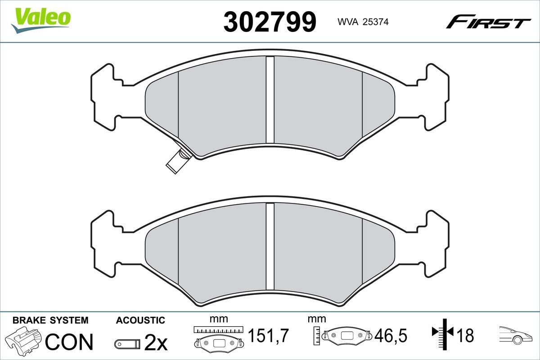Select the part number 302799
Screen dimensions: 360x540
point(270,22)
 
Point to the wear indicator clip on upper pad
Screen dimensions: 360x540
point(176,161)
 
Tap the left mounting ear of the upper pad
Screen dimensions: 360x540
point(103,97)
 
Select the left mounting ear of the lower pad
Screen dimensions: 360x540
point(103,243)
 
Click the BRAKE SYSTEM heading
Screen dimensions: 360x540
point(50,320)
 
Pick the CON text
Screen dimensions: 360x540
point(70,342)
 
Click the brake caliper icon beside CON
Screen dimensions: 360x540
point(23,341)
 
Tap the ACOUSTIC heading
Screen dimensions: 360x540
point(140,320)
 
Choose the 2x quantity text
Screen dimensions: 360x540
point(155,343)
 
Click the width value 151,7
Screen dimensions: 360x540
point(268,336)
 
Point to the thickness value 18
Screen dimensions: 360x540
point(465,336)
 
